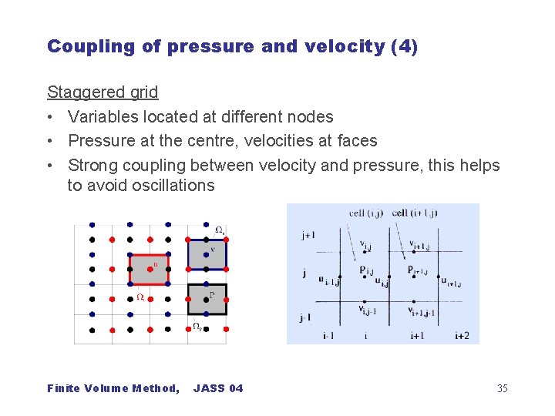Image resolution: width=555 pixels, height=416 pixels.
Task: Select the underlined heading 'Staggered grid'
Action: [103, 92]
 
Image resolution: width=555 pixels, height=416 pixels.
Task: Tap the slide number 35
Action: [502, 388]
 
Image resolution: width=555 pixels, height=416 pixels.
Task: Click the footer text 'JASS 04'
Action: [218, 388]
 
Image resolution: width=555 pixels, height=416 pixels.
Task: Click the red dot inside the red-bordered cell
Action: [149, 269]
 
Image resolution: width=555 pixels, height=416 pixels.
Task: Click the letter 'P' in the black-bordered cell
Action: [212, 294]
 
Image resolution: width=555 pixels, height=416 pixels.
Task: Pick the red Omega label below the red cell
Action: [140, 297]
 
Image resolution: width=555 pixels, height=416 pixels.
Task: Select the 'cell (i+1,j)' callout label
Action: [414, 213]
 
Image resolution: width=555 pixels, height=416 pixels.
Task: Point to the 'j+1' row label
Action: [308, 236]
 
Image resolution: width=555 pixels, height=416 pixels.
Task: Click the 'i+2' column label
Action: [462, 335]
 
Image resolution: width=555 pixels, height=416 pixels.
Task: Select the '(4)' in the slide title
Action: [405, 46]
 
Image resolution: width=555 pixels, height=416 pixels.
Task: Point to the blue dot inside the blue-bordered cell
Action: [207, 253]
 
